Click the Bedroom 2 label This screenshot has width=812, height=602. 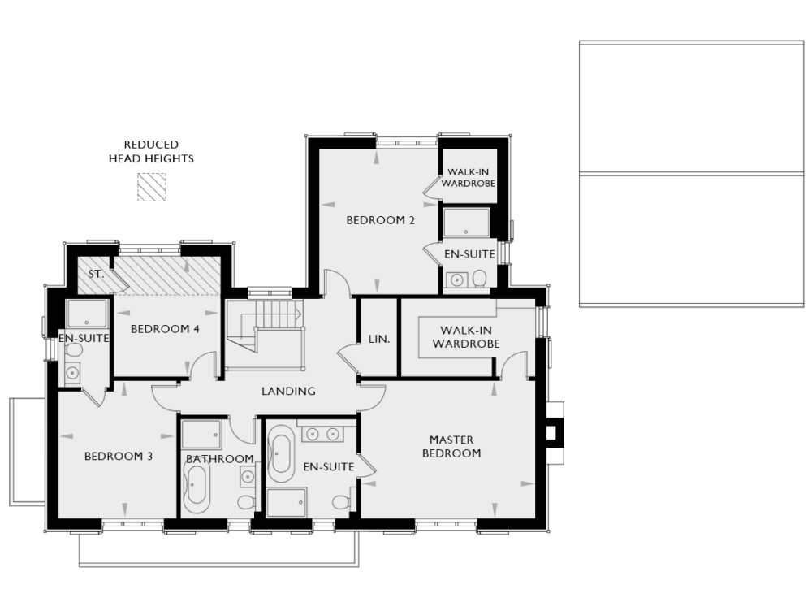(381, 219)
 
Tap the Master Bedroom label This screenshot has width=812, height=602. (451, 446)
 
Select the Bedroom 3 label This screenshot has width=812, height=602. (119, 456)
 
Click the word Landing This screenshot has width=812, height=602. (288, 391)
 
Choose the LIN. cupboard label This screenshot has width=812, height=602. (379, 339)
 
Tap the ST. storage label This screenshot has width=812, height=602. (96, 274)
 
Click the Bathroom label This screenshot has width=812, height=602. (220, 459)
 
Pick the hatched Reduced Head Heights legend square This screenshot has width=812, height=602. (151, 187)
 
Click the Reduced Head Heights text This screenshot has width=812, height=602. (151, 152)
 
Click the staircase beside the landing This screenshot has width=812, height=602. (263, 326)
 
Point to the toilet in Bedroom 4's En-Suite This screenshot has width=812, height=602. (74, 350)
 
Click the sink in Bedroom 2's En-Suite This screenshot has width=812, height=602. (457, 280)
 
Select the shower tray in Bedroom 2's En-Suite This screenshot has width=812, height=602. (466, 223)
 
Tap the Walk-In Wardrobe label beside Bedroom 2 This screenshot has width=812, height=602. (468, 178)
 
